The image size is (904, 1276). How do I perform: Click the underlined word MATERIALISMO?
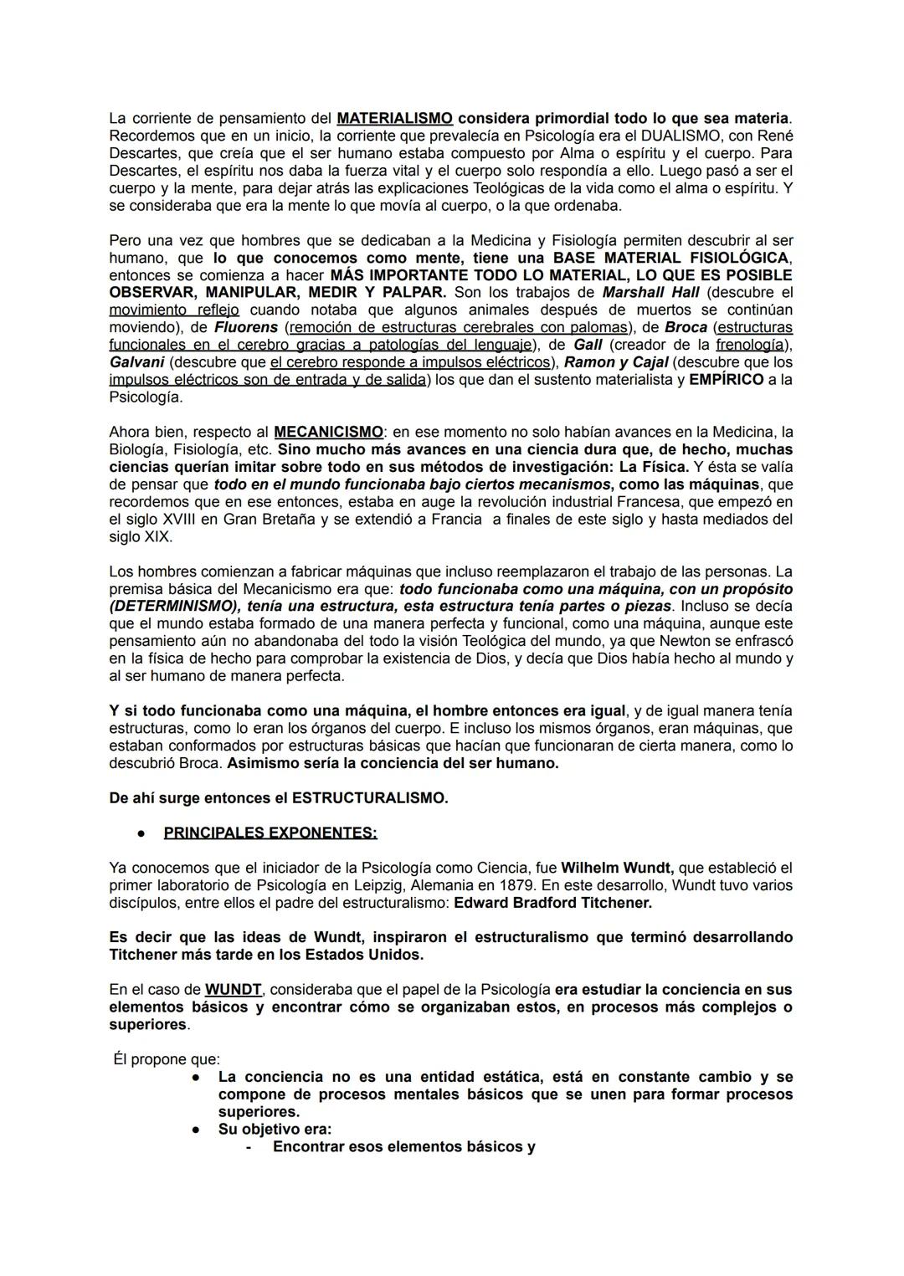point(394,118)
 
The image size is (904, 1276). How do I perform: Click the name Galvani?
point(136,362)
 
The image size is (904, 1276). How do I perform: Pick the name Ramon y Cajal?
point(616,362)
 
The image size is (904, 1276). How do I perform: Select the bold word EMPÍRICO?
point(727,380)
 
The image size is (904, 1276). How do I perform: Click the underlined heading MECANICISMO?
point(328,433)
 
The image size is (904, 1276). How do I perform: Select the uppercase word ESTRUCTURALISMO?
point(369,798)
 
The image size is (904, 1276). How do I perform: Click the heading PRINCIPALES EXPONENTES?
point(270,833)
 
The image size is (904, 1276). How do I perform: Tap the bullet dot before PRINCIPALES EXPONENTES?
point(143,833)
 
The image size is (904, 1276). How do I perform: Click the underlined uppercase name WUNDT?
point(234,990)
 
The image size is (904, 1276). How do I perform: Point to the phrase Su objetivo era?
point(275,1130)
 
